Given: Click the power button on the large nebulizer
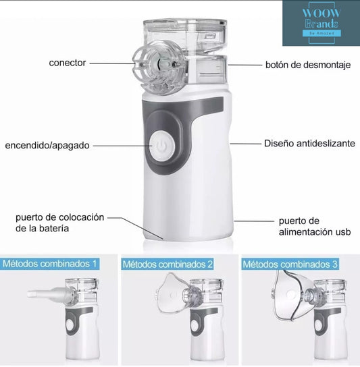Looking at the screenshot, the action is (162, 146).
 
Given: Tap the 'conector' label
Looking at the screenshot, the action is (68, 63).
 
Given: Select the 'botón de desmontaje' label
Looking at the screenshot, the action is (308, 65).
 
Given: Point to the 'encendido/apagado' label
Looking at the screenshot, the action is (47, 145).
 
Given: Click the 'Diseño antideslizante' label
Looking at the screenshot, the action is (309, 143).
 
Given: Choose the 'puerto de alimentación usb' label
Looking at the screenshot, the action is (315, 226).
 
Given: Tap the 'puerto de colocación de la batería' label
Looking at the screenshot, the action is (59, 223).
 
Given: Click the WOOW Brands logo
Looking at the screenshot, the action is (321, 23).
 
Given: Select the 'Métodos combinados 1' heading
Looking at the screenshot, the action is (50, 264).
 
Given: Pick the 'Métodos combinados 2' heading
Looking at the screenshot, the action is (168, 264).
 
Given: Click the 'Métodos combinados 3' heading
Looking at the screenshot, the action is (290, 264).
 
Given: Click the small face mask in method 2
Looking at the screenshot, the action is (171, 293).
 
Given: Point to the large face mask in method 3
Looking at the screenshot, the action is (290, 295).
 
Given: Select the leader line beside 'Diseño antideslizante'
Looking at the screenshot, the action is (245, 144).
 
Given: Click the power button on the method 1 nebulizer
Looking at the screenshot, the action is (70, 324).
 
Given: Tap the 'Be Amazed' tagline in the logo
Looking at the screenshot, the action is (322, 33).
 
